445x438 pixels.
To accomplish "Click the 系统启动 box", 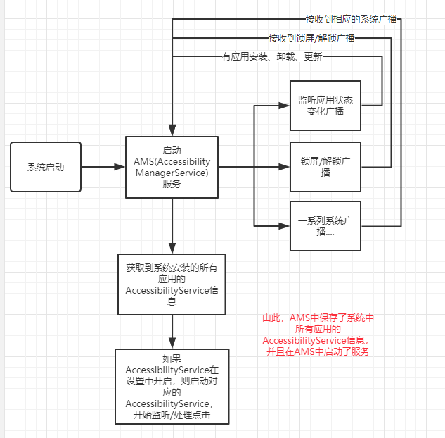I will click(x=46, y=167).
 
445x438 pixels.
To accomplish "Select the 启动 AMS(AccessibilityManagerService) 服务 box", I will click(x=172, y=167).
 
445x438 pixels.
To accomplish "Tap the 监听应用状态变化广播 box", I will click(x=325, y=105).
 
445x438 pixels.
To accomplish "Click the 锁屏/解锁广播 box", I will click(x=325, y=167).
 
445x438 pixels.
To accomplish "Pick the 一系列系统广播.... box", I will click(x=325, y=225).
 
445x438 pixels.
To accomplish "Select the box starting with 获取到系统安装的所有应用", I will click(x=172, y=284).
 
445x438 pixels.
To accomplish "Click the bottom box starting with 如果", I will click(x=172, y=387).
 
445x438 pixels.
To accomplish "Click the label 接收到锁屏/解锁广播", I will click(x=311, y=38).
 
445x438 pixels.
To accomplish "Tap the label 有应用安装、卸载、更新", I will click(x=271, y=57).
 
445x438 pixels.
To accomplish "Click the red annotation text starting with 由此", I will click(x=318, y=334).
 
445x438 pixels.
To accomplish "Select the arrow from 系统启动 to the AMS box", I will click(x=103, y=167).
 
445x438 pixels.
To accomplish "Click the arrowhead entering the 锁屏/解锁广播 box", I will click(x=285, y=167).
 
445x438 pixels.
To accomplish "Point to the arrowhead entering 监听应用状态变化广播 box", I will click(x=285, y=106).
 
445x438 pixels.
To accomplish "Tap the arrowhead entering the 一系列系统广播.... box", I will click(x=285, y=226).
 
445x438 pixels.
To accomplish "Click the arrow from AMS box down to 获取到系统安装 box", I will click(x=172, y=225).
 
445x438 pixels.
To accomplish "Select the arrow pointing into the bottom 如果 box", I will click(x=172, y=331).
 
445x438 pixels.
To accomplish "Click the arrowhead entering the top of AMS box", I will click(x=172, y=130).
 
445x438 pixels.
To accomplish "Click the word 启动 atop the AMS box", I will click(x=172, y=149).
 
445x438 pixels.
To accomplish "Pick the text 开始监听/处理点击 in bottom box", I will click(x=172, y=415).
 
